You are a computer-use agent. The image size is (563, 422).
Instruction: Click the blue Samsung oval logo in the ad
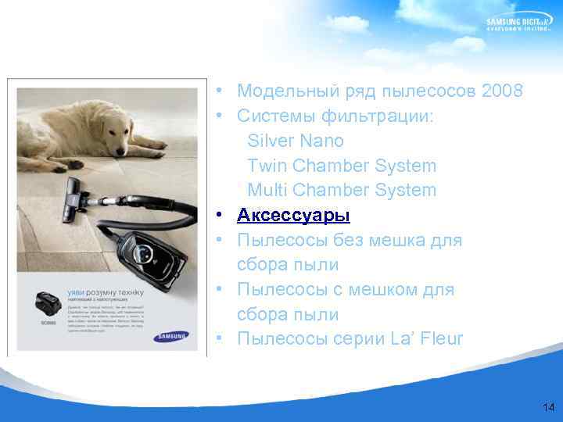(172, 338)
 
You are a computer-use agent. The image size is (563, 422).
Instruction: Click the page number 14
(547, 407)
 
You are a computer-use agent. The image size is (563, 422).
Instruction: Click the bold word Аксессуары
(293, 215)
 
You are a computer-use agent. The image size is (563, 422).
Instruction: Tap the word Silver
(270, 141)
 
